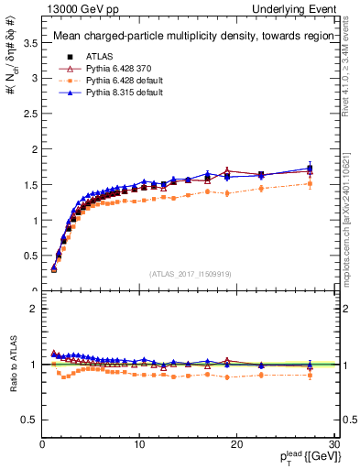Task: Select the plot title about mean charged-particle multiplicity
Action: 188,37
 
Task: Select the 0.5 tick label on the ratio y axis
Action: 29,420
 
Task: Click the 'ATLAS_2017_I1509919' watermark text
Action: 190,274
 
